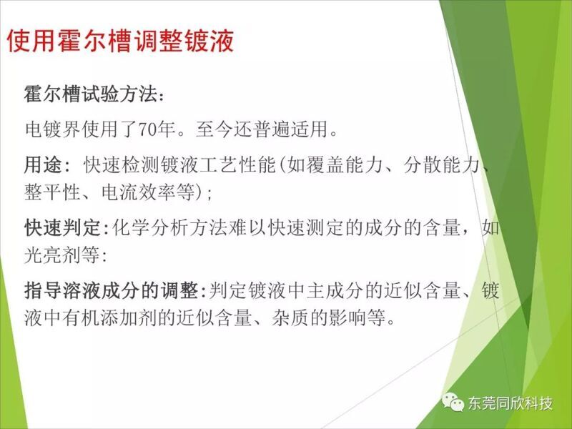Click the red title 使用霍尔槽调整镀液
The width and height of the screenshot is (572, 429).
120,41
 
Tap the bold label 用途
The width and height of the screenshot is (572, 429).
43,165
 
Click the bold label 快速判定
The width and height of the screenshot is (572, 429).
62,228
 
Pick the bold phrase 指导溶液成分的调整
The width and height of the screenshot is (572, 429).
110,291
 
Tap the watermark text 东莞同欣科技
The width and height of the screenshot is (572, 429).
511,403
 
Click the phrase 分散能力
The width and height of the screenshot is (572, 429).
442,165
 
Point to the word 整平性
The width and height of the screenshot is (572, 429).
52,192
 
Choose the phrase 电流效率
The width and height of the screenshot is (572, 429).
139,192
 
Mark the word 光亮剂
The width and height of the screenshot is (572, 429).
52,255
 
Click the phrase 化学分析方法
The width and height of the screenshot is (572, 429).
169,228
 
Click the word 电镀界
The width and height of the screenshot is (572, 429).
52,129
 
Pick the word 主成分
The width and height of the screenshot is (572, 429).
335,291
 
